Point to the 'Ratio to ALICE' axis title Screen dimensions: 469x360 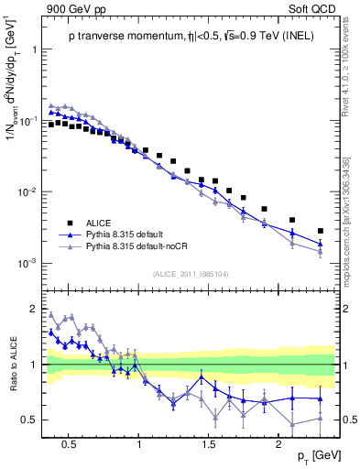pos(12,364)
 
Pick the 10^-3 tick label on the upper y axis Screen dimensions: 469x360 pos(27,264)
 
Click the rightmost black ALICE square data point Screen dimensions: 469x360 pos(321,231)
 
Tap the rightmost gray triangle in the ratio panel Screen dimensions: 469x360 pos(321,418)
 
